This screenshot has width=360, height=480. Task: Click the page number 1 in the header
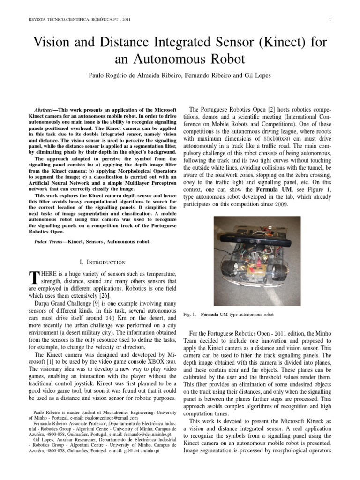point(330,19)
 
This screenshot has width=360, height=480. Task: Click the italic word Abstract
point(50,109)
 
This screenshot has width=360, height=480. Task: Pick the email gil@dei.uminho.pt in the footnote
point(136,450)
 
